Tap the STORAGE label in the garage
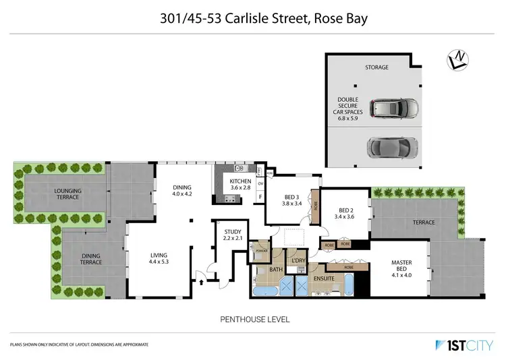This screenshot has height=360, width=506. coord(377,68)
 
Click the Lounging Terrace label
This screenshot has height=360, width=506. coord(67,194)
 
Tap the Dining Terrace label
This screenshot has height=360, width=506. coord(92,258)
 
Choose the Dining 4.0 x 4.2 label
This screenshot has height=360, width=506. coord(182,190)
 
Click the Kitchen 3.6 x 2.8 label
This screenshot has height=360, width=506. coord(241,185)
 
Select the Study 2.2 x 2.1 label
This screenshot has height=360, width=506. coord(233,235)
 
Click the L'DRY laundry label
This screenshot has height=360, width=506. coord(298,261)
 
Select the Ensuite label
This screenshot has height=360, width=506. coord(325,278)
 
